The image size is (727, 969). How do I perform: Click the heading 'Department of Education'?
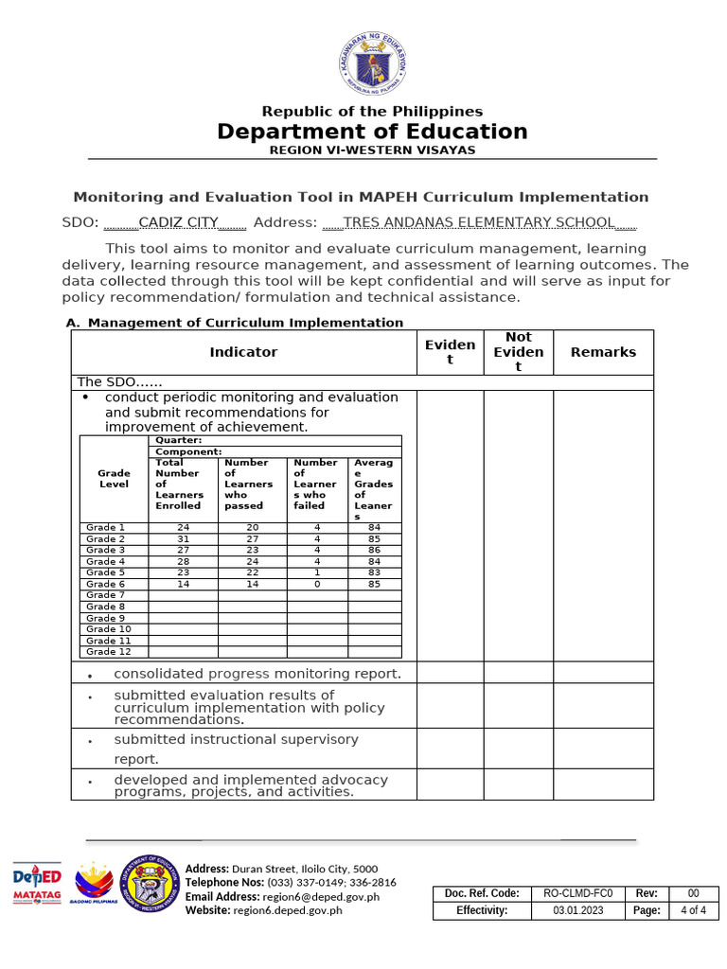coord(372,132)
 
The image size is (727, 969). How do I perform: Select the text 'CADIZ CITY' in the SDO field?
coord(178,222)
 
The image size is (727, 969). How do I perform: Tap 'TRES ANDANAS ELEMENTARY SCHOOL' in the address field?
coord(478,222)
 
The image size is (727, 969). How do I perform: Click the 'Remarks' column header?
coord(603,352)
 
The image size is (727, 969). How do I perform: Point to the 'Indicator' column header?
coord(243,352)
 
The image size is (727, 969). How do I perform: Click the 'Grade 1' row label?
coord(105,527)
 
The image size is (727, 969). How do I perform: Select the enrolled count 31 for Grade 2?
coord(183,538)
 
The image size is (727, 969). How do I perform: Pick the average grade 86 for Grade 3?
coord(374,550)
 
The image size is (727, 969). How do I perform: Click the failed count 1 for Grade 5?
coord(317,573)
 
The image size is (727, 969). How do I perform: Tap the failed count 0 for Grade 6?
coord(317,584)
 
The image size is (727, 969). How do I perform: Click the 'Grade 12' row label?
coord(108,652)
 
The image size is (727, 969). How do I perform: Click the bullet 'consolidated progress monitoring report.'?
coord(257,674)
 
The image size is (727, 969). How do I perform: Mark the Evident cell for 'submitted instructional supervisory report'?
coord(450,749)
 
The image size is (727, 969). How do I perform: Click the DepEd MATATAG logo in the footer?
coord(37,885)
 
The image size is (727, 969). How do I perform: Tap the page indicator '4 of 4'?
coord(693,910)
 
